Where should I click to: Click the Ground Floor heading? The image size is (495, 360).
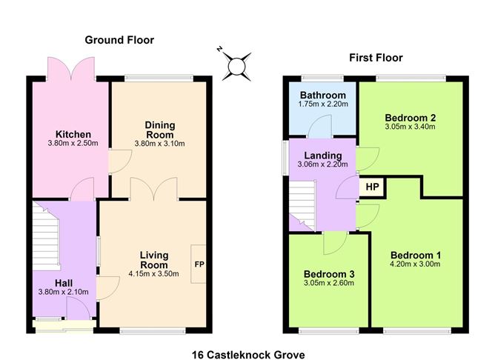pos(119,40)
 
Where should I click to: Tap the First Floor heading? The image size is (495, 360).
pos(376,58)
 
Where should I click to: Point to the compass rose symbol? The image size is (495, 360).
pos(236,66)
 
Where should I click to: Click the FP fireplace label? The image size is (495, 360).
pos(199,264)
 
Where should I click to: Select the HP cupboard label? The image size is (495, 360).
pos(372,187)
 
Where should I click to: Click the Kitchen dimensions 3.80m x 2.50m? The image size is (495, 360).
pos(73,143)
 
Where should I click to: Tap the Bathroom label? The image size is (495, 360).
pos(323,95)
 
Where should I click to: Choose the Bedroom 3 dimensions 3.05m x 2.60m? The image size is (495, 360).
pos(329,283)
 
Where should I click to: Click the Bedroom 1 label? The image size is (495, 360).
pos(416,255)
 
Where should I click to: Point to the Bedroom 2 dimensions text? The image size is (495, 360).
pos(410,127)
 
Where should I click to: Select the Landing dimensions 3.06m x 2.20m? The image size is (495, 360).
pos(322,164)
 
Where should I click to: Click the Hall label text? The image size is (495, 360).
pos(64,283)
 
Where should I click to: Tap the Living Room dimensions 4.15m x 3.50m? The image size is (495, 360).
pos(153,273)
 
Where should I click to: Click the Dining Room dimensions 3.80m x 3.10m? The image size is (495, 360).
pos(160,144)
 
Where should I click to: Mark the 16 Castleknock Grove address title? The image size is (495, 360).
pos(248,355)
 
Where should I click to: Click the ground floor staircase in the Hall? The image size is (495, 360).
pos(46,236)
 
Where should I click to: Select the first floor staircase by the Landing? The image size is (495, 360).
pos(302,205)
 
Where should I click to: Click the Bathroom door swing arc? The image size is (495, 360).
pos(319,126)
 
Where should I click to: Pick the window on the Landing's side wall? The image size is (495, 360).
pos(285,158)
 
